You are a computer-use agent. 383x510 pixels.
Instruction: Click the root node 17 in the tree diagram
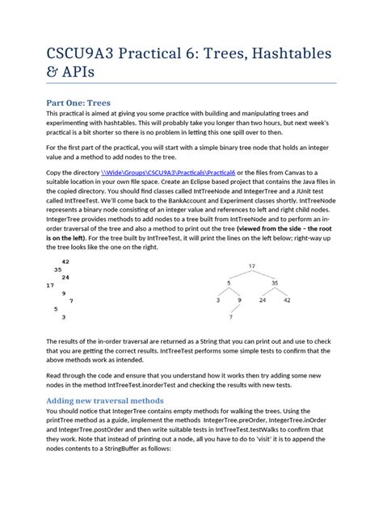(251, 265)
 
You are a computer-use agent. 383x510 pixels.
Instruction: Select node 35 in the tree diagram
(275, 283)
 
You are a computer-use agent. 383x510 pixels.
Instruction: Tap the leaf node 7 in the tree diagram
(230, 317)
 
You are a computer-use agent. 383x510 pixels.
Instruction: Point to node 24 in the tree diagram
(263, 300)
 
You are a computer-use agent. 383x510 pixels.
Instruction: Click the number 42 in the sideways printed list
(65, 261)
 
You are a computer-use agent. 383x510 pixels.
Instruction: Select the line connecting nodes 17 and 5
(240, 274)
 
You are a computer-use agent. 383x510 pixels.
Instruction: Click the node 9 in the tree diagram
(240, 300)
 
